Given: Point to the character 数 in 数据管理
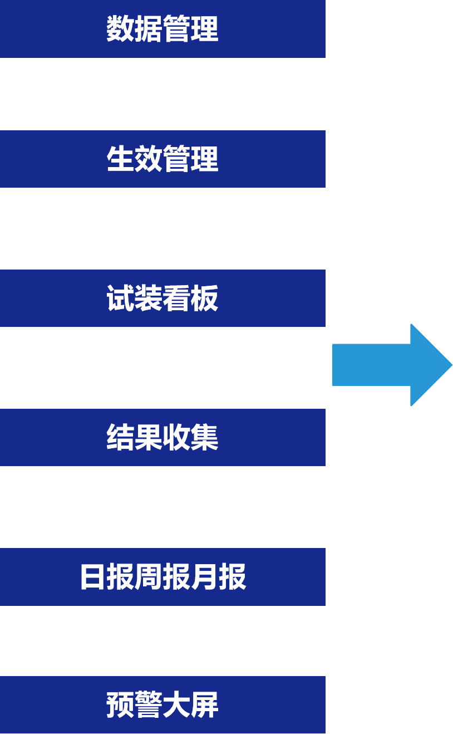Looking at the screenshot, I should pyautogui.click(x=120, y=29).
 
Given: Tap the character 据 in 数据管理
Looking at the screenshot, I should pyautogui.click(x=148, y=29).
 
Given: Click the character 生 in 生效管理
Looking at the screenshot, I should pyautogui.click(x=120, y=159).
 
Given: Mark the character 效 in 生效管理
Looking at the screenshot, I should pyautogui.click(x=148, y=159).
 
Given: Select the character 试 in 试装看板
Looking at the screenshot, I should pyautogui.click(x=120, y=299).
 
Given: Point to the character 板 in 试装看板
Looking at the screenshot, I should pyautogui.click(x=204, y=299).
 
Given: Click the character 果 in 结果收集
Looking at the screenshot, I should pyautogui.click(x=148, y=438).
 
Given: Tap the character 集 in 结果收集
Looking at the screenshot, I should pyautogui.click(x=204, y=438).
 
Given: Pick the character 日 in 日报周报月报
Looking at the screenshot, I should pyautogui.click(x=93, y=577).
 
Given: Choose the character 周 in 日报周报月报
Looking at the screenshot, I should pyautogui.click(x=149, y=577).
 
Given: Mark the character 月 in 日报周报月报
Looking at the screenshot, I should pyautogui.click(x=204, y=577).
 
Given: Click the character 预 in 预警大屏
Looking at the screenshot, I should pyautogui.click(x=120, y=705).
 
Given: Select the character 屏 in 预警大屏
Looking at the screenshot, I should pyautogui.click(x=204, y=705).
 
